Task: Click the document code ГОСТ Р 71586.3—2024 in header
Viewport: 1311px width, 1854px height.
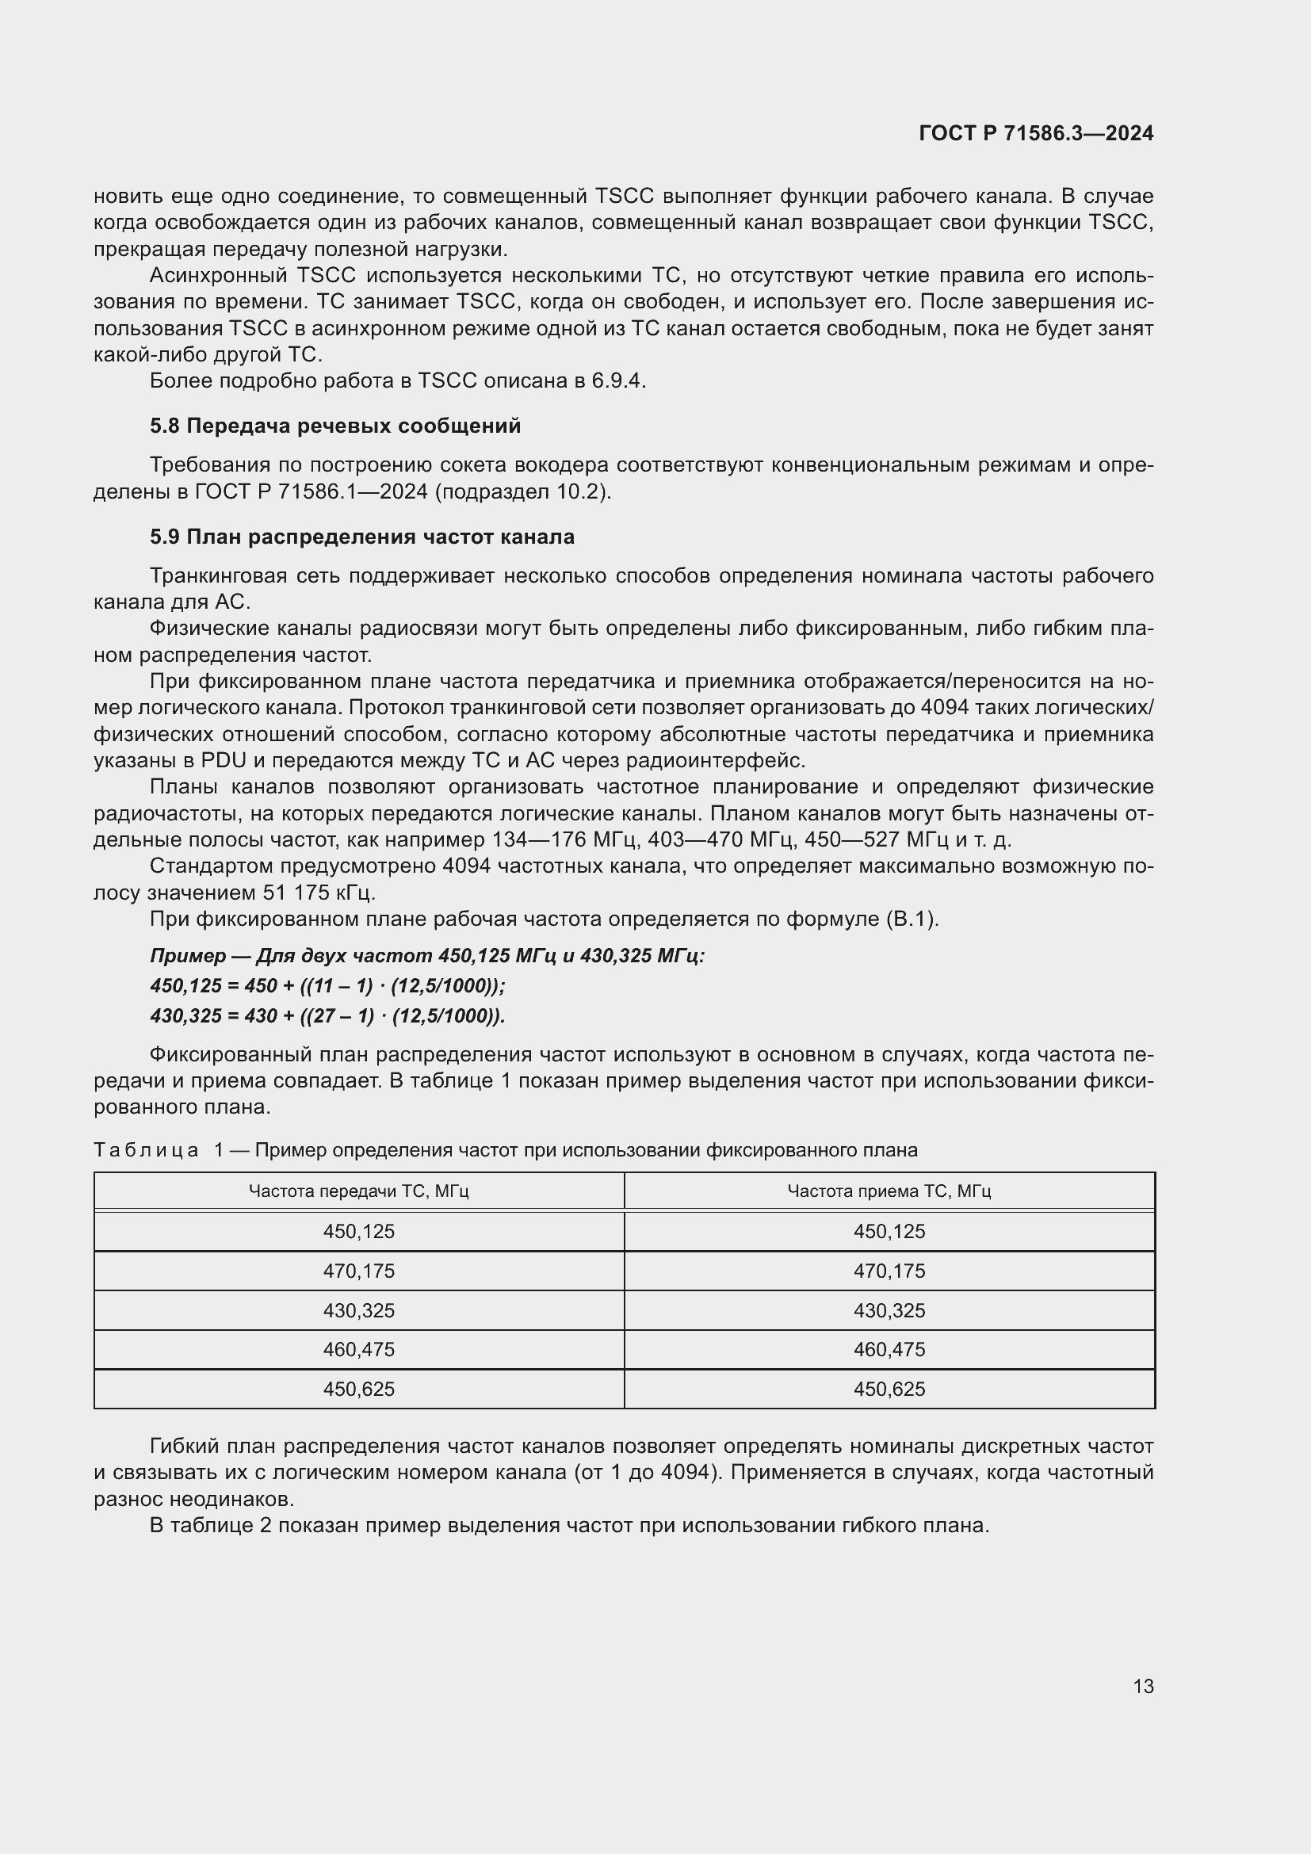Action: coord(1036,134)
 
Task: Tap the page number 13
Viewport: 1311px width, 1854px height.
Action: coord(1143,1686)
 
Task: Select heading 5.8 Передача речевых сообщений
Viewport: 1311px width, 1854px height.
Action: coord(335,426)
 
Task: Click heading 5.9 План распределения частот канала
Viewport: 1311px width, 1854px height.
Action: coord(361,536)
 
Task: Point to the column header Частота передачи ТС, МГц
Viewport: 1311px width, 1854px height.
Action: coord(358,1191)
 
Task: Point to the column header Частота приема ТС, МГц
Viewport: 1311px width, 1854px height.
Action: coord(889,1191)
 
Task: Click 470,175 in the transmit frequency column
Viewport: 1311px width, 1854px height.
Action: coord(358,1271)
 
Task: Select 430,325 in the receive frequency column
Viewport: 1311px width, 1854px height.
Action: coord(889,1310)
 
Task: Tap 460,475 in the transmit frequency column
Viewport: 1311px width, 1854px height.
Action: coord(358,1349)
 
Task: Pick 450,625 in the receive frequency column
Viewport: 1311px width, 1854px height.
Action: coord(889,1389)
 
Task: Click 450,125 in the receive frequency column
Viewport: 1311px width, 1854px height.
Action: coord(889,1232)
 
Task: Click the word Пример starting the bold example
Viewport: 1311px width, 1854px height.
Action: coord(187,956)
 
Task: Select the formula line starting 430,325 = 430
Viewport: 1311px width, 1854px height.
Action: coord(327,1016)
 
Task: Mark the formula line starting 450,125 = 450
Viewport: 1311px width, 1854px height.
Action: coord(327,986)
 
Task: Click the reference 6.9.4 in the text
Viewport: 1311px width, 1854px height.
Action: coord(617,380)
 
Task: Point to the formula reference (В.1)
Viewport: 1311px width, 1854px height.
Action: coord(911,919)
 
